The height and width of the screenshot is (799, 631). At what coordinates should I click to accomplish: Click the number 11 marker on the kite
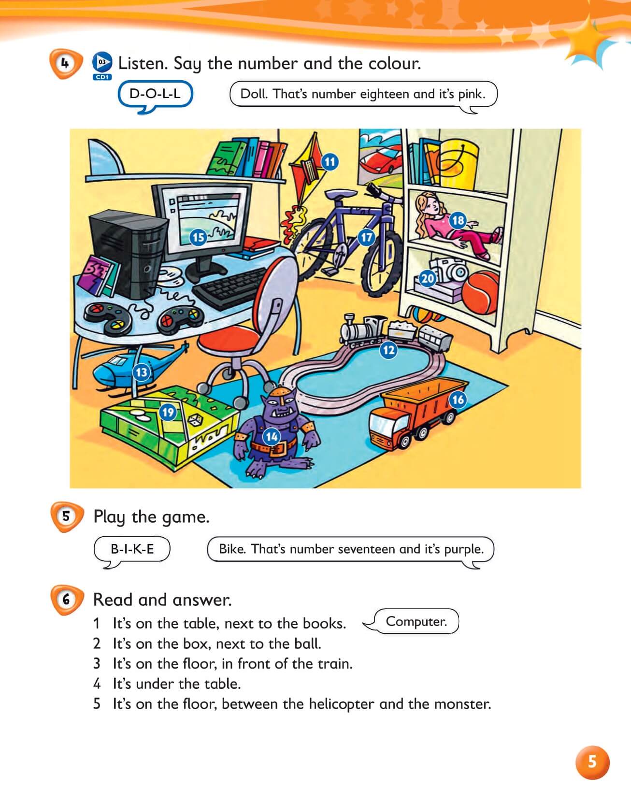click(330, 162)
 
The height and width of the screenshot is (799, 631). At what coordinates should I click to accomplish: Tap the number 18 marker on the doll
click(458, 221)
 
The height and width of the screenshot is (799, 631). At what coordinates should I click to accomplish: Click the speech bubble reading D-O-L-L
click(155, 94)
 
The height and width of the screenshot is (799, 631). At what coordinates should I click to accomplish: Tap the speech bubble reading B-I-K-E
click(132, 549)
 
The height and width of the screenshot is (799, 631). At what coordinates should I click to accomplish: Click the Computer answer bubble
click(416, 621)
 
